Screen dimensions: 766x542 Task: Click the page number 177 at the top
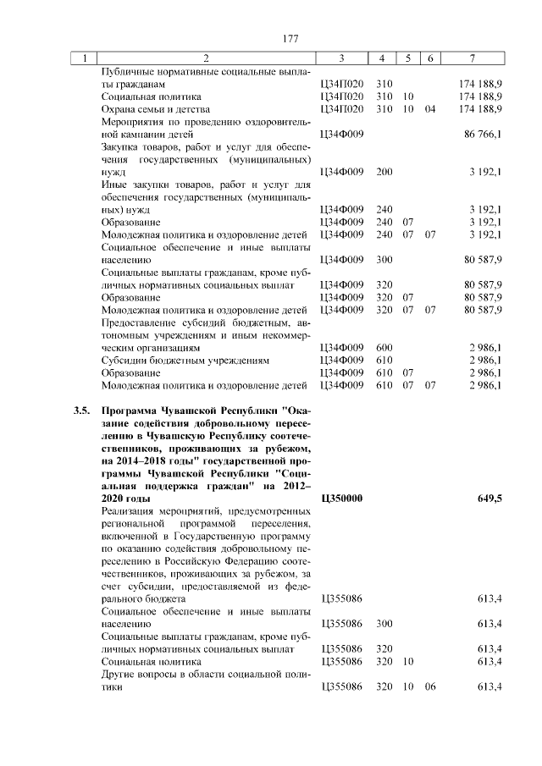(290, 39)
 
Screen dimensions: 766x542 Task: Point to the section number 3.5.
(81, 412)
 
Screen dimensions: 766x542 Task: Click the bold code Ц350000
(342, 499)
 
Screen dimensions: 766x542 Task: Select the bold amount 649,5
(489, 499)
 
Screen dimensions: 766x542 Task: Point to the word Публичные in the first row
(126, 73)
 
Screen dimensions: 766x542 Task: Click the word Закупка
(121, 147)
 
